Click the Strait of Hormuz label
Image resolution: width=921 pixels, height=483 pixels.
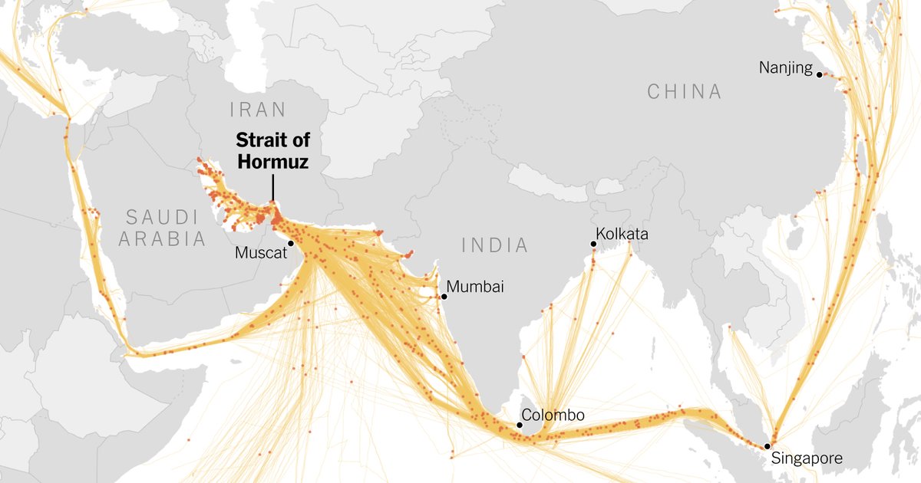coord(272,150)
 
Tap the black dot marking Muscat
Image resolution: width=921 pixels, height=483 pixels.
coord(291,243)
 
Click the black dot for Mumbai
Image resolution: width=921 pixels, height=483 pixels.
coord(443,296)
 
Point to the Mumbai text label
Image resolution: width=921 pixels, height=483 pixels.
coord(475,287)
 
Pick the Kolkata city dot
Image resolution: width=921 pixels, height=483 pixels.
coord(593,245)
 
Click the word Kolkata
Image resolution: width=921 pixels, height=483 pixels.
coord(622,234)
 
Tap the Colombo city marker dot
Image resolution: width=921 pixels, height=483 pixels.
coord(519,424)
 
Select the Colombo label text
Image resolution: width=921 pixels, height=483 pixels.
coord(553,416)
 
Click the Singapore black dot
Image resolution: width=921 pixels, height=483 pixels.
coord(767,445)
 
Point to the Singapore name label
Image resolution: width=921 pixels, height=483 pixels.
coord(807,459)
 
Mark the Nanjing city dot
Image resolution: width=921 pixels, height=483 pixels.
coord(820,74)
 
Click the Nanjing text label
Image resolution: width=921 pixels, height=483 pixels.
coord(785,68)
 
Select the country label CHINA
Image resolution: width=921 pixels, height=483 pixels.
coord(685,92)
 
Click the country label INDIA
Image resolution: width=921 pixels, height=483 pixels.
coord(495,245)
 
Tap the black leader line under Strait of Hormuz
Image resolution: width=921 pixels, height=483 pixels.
coord(272,187)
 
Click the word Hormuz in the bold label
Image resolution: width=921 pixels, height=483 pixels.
coord(272,162)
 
